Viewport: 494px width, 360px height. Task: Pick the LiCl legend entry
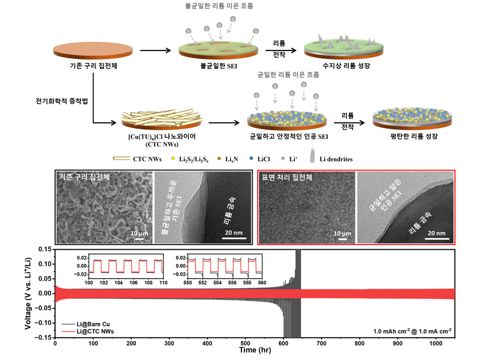point(267,160)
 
